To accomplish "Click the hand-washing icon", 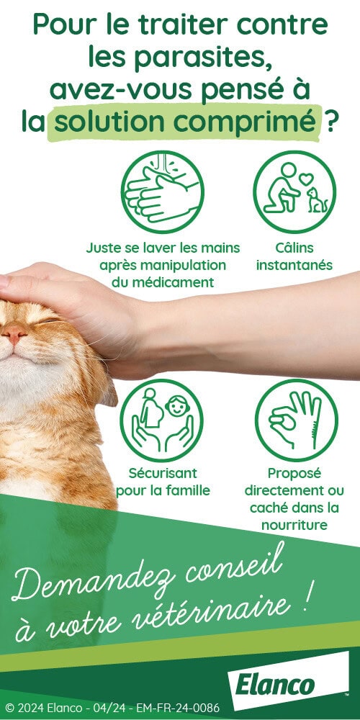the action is point(163,192).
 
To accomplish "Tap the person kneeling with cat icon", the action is point(294,192).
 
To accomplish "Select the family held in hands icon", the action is point(161,420).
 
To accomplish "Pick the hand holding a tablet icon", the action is point(296,420).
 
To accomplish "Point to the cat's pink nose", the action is point(14,333).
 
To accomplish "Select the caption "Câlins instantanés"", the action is point(294,257).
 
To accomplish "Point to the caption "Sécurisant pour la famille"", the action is point(163,482).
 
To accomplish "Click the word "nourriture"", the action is point(294,525).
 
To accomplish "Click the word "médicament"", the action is point(163,282).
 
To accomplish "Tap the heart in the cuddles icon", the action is point(306,178).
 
